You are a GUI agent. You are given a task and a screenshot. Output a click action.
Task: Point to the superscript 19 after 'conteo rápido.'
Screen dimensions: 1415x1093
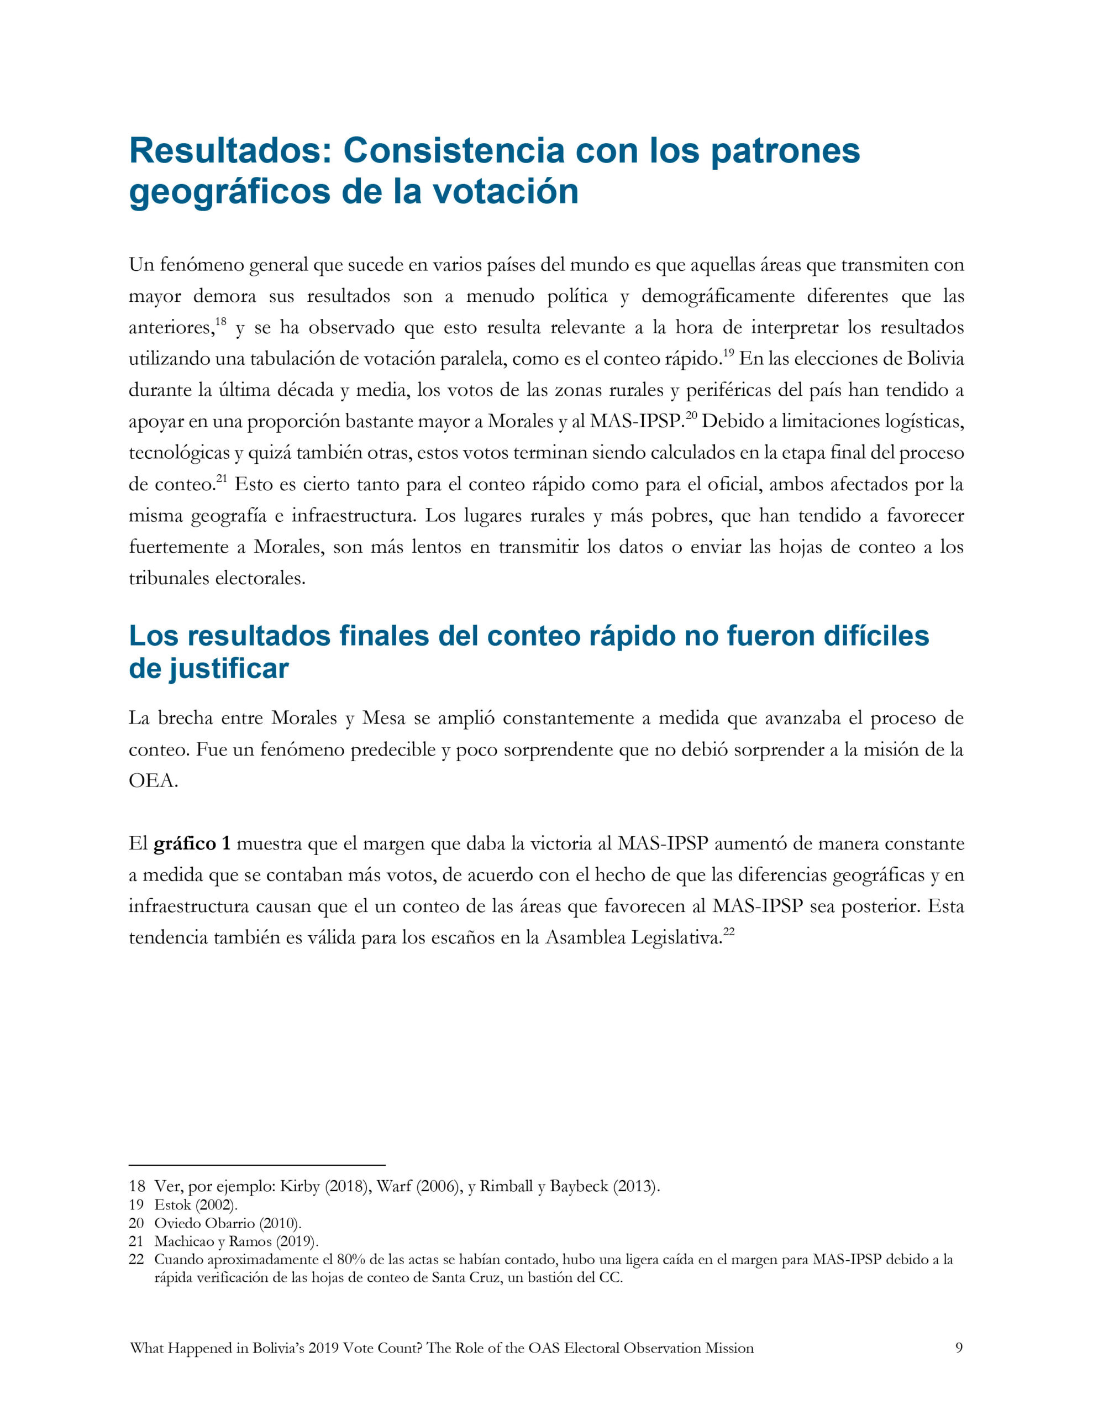point(728,353)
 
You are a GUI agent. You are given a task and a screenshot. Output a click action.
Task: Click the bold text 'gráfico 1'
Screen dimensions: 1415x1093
point(192,843)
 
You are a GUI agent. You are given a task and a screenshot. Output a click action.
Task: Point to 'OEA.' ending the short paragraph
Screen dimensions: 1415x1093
point(153,780)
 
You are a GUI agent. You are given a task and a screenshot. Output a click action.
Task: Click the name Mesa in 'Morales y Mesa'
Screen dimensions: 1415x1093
point(383,718)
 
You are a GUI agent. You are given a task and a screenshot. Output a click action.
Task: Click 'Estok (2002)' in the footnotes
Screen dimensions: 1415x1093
point(196,1205)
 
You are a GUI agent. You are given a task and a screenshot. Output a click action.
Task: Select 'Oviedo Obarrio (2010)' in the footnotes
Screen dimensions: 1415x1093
point(228,1223)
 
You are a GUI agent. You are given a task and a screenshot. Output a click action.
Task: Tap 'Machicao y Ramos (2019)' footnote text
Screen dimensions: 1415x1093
point(236,1241)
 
